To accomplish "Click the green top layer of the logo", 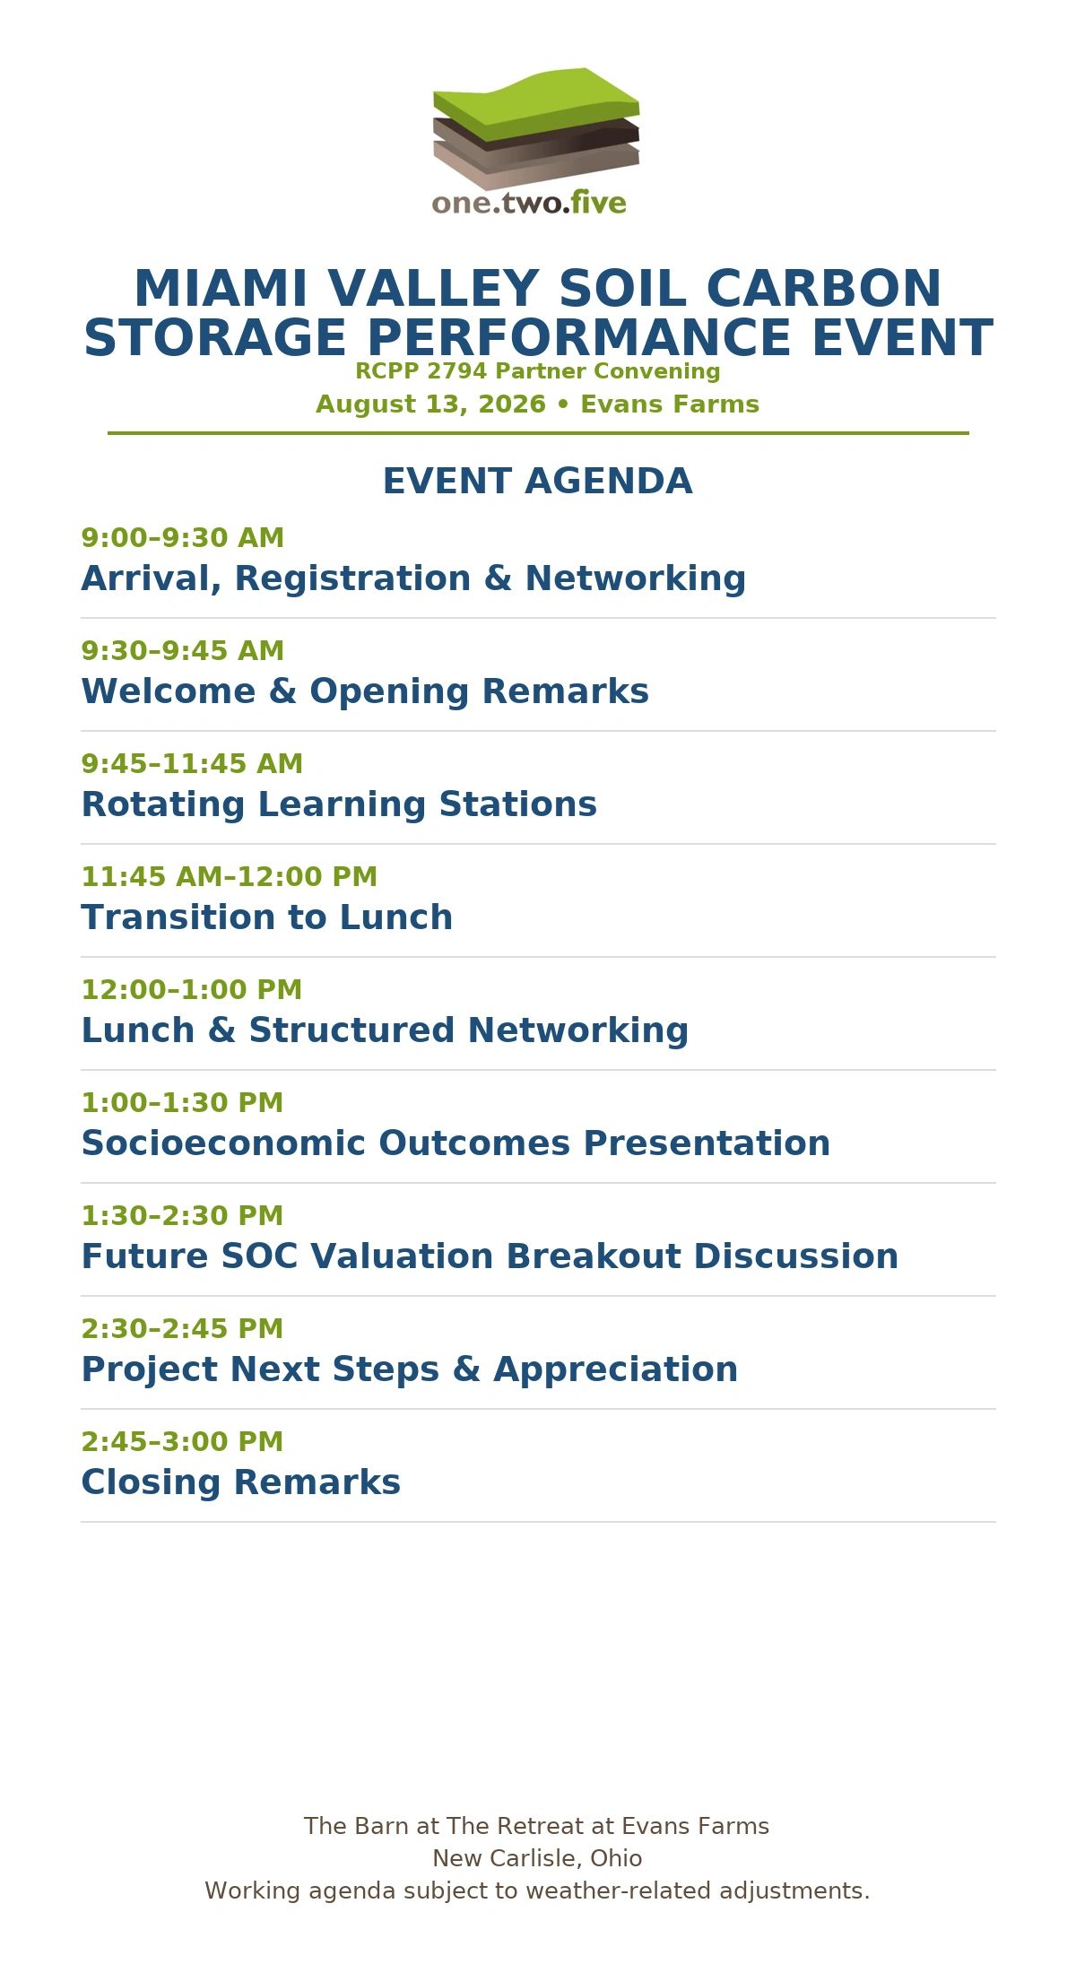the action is pos(536,101).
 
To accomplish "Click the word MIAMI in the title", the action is pos(221,289).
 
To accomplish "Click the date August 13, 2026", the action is pos(430,404).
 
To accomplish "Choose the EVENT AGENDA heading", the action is pos(538,482).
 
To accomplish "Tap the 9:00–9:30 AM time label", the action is pos(183,538).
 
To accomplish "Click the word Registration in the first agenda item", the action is pos(352,579).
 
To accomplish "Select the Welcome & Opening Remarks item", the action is pos(365,691).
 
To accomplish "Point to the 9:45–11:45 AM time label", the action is pos(192,764).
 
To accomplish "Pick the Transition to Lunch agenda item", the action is pos(267,917).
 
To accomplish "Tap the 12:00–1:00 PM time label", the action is pos(192,990).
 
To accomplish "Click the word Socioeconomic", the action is pos(224,1143).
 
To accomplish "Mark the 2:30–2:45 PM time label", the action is pos(182,1329).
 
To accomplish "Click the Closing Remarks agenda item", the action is pos(241,1483).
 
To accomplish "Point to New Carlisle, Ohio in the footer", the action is pos(537,1859).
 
